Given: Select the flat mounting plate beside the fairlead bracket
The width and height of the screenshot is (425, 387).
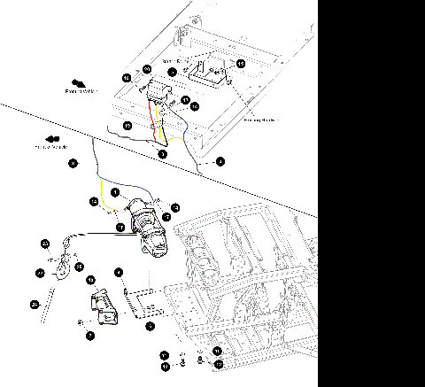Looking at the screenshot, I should tap(143, 301).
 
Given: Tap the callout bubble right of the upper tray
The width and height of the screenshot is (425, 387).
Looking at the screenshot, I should tap(242, 64).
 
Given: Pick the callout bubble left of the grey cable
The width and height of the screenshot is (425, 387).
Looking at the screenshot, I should tap(73, 163).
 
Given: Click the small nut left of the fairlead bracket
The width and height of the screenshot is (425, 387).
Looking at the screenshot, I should tap(81, 321).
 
